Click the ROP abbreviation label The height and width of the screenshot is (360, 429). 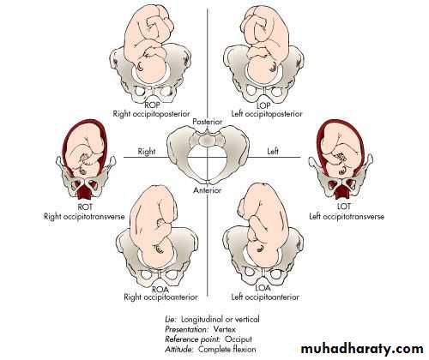[152, 105]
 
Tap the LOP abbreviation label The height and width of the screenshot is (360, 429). [263, 105]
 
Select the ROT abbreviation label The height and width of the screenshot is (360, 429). [85, 207]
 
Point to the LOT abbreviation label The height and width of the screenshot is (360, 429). [343, 206]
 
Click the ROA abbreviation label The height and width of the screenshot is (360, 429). [160, 289]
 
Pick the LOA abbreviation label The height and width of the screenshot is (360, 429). [263, 288]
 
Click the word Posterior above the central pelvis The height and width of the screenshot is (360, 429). [208, 122]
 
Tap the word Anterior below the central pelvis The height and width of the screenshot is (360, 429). [208, 190]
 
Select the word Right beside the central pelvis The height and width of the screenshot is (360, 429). [147, 152]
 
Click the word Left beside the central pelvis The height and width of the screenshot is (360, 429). [273, 151]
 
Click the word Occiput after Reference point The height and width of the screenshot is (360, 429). [239, 339]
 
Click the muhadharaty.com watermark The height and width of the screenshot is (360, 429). [362, 349]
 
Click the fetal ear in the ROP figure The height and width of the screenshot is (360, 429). [141, 67]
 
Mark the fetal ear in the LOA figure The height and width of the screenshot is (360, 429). [260, 248]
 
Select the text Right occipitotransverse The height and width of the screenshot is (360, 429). [84, 217]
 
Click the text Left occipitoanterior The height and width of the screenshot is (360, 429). [265, 297]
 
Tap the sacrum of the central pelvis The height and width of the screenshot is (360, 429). [208, 140]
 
